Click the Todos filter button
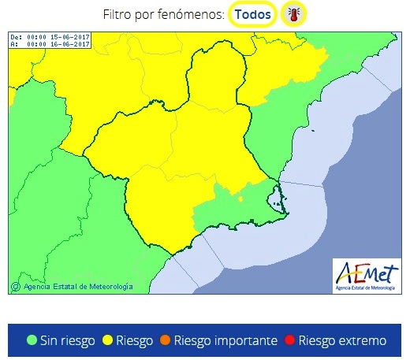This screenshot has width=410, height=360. point(252,14)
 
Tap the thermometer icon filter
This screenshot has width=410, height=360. point(293,14)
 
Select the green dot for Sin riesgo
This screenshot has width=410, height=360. point(32,340)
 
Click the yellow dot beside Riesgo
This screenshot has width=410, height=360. point(107,340)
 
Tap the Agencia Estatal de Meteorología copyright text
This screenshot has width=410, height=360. point(76,287)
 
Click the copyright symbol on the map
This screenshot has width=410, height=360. point(13,287)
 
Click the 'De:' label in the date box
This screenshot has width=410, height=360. point(16,37)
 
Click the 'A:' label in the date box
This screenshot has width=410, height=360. point(14,44)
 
